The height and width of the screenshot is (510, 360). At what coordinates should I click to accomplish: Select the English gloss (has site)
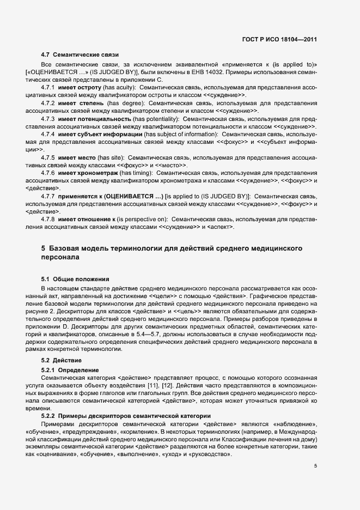tap(111, 157)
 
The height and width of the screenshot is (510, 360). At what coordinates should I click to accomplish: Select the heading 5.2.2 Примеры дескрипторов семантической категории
tap(119, 416)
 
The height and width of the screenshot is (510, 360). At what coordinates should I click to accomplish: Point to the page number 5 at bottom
tap(315, 465)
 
